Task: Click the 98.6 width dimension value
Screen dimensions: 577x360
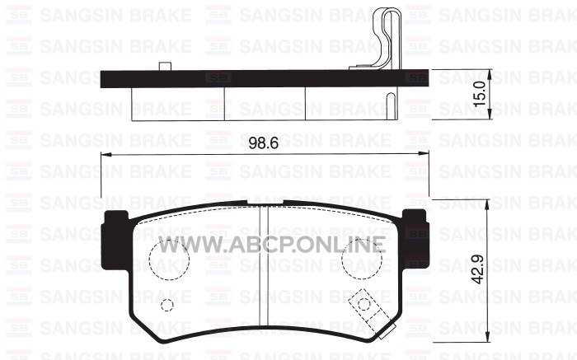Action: coord(264,143)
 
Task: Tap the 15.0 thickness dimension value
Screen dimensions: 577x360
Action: coord(480,94)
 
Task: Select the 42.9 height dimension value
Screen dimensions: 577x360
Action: coord(477,269)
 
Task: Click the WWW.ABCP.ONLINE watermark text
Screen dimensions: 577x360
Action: coord(272,244)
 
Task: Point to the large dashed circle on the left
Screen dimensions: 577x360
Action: coord(169,239)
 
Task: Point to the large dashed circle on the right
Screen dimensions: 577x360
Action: coord(361,239)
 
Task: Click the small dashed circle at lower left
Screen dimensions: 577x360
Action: coord(167,299)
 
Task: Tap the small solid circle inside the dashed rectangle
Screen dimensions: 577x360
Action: coord(364,298)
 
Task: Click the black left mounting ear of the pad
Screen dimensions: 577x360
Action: coord(115,240)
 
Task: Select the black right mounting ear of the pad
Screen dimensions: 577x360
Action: coord(415,239)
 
